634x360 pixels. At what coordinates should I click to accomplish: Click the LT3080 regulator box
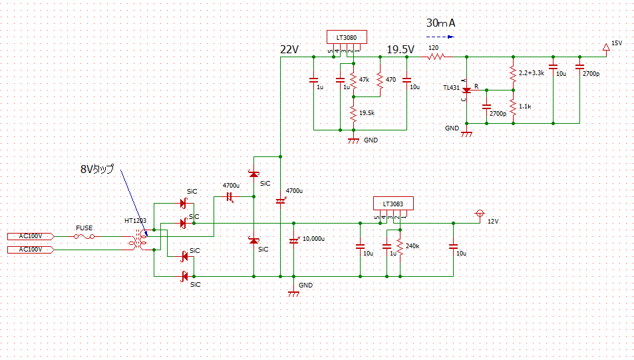(x=346, y=37)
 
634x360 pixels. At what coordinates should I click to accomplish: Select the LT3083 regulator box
(x=393, y=204)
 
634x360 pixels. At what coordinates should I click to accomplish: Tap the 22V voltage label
(x=290, y=50)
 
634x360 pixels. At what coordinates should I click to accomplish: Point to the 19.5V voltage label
(x=400, y=50)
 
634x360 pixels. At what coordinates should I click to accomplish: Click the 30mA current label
(x=441, y=23)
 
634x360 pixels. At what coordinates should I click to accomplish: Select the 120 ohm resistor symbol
(x=436, y=57)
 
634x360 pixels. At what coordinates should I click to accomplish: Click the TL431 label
(x=451, y=88)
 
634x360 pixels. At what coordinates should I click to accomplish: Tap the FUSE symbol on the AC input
(x=84, y=236)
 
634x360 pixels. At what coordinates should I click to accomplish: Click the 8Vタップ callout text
(x=96, y=170)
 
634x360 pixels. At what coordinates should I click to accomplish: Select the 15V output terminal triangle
(x=605, y=47)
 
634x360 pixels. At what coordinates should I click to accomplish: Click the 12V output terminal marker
(x=479, y=214)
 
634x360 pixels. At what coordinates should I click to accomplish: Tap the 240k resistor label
(x=412, y=246)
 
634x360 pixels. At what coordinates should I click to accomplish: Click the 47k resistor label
(x=363, y=79)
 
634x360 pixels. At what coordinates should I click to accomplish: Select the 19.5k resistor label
(x=366, y=113)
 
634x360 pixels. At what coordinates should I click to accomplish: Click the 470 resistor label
(x=391, y=79)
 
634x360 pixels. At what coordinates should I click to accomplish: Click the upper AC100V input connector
(x=29, y=236)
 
